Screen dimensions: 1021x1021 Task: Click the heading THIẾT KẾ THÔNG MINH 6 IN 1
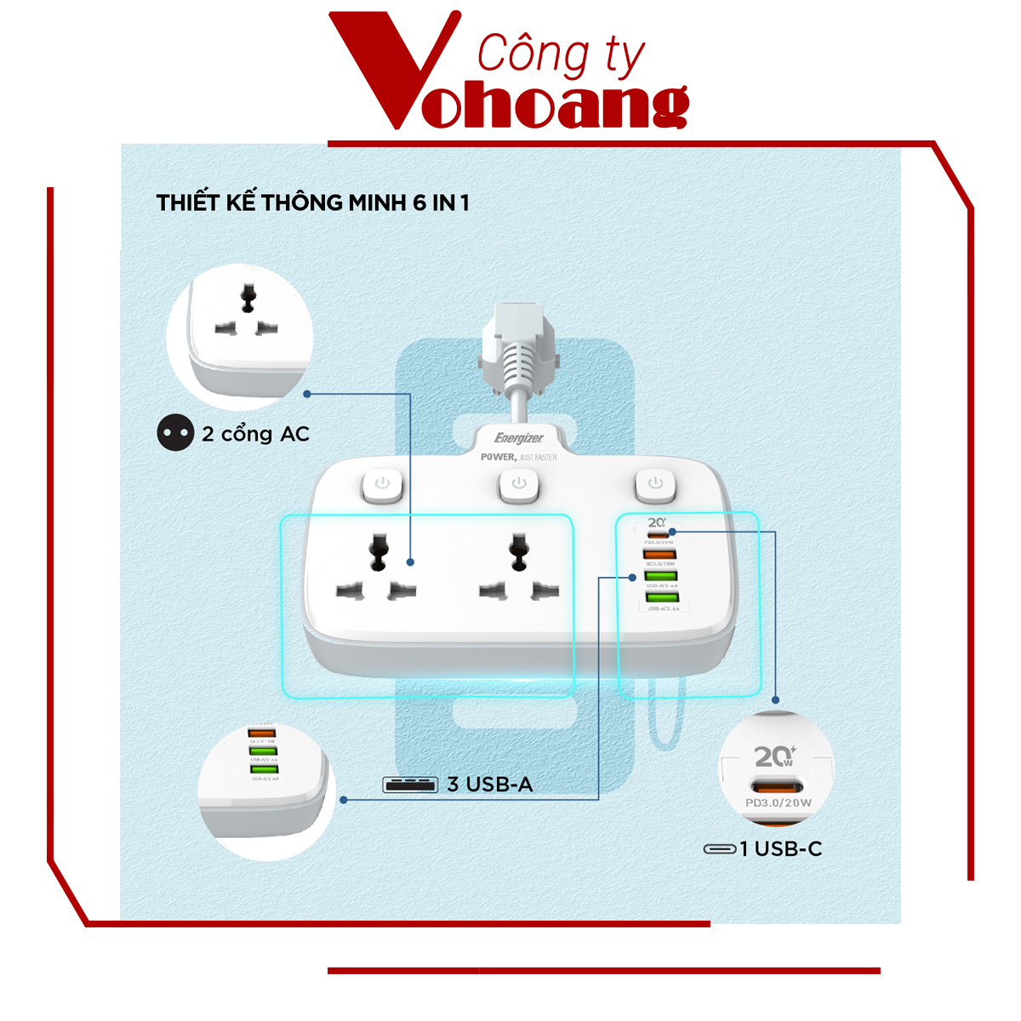click(312, 202)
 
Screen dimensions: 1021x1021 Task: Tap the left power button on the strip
click(382, 484)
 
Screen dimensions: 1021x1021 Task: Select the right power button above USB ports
click(654, 484)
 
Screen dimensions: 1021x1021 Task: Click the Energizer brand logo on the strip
click(518, 438)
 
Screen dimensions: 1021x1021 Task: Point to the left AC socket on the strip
click(377, 568)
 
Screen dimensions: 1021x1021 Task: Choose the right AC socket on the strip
click(518, 568)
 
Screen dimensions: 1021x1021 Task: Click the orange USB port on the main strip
click(659, 555)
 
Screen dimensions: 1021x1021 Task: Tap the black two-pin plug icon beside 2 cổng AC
click(175, 433)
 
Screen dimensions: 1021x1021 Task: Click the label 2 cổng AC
click(255, 434)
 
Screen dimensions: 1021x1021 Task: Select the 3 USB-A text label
click(490, 784)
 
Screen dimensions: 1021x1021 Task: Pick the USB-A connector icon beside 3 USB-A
click(410, 784)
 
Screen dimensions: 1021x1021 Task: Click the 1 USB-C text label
click(780, 848)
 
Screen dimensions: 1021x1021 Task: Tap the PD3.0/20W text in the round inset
click(778, 802)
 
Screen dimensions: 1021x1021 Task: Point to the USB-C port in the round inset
click(776, 785)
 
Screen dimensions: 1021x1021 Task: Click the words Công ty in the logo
click(560, 55)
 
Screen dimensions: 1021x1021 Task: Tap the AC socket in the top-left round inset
click(248, 315)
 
